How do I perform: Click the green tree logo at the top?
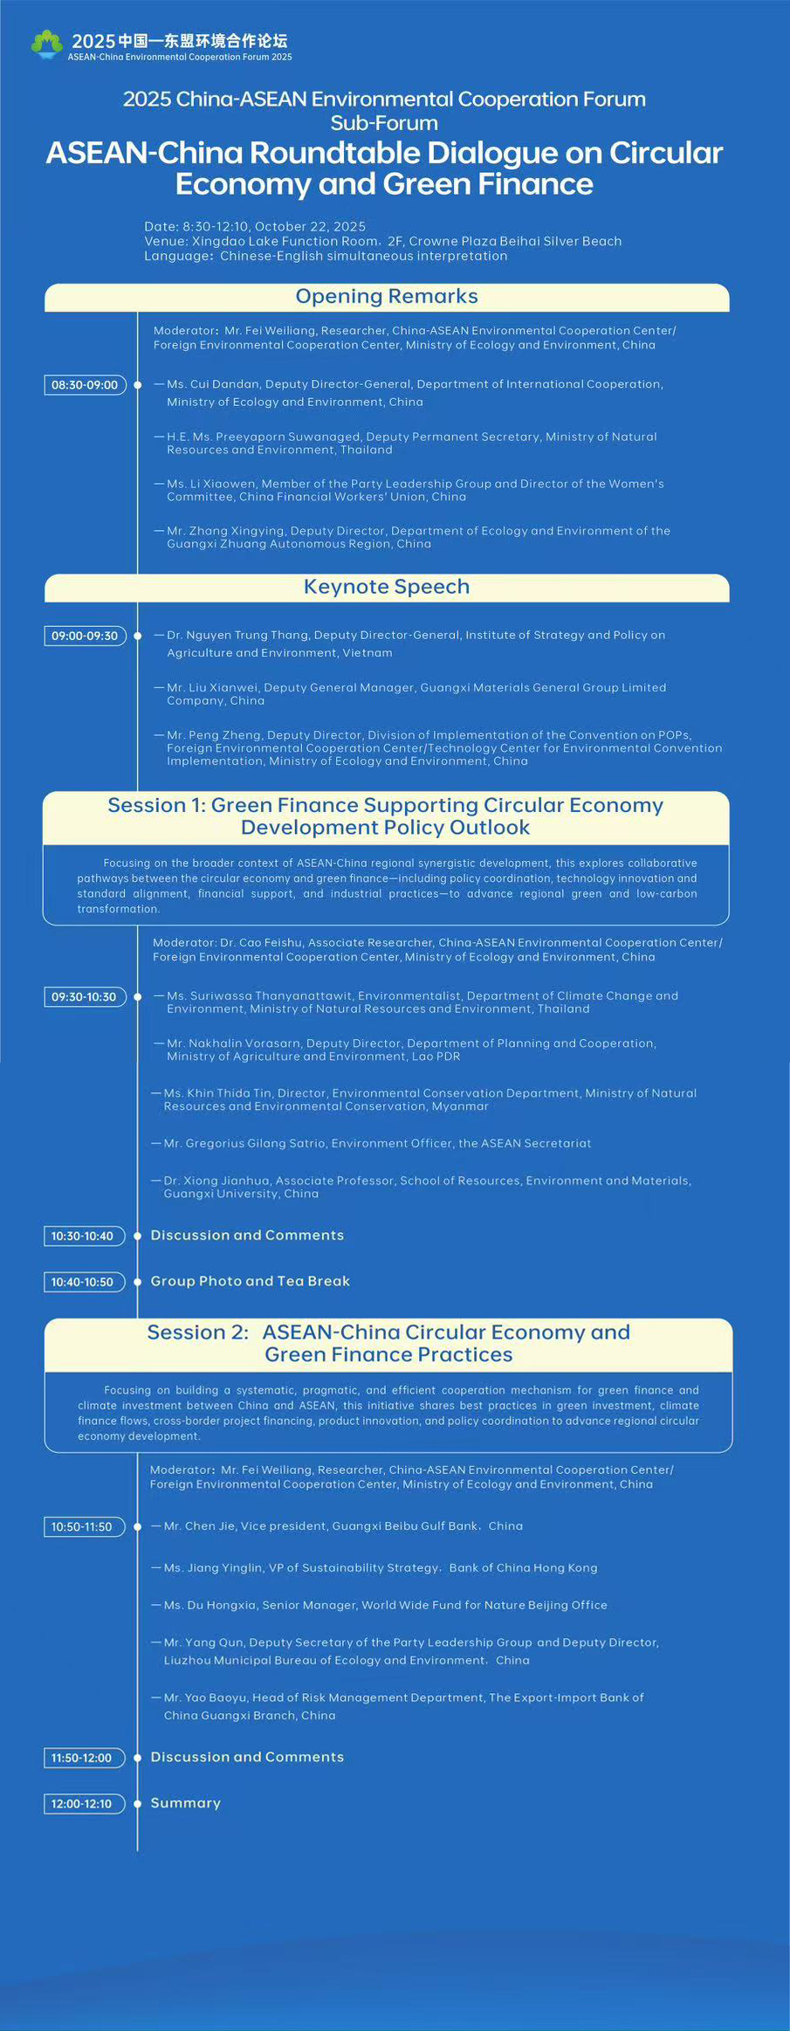tap(47, 43)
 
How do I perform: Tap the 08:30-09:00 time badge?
tap(85, 385)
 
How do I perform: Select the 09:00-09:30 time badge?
tap(85, 636)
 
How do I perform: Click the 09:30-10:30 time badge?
tap(84, 997)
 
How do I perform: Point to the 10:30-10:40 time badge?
tap(82, 1236)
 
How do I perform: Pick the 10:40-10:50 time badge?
tap(82, 1282)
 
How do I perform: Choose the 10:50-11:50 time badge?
tap(82, 1526)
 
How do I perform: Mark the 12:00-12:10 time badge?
tap(82, 1803)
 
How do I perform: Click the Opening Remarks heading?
tap(386, 297)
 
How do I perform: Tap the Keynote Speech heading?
tap(386, 587)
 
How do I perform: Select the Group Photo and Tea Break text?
tap(250, 1281)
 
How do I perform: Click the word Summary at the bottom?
tap(185, 1802)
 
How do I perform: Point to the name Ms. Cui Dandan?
tap(213, 384)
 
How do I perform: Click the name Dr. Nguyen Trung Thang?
tap(237, 635)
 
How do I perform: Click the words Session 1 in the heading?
tap(155, 805)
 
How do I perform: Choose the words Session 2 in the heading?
tap(197, 1332)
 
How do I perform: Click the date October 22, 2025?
tap(310, 226)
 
